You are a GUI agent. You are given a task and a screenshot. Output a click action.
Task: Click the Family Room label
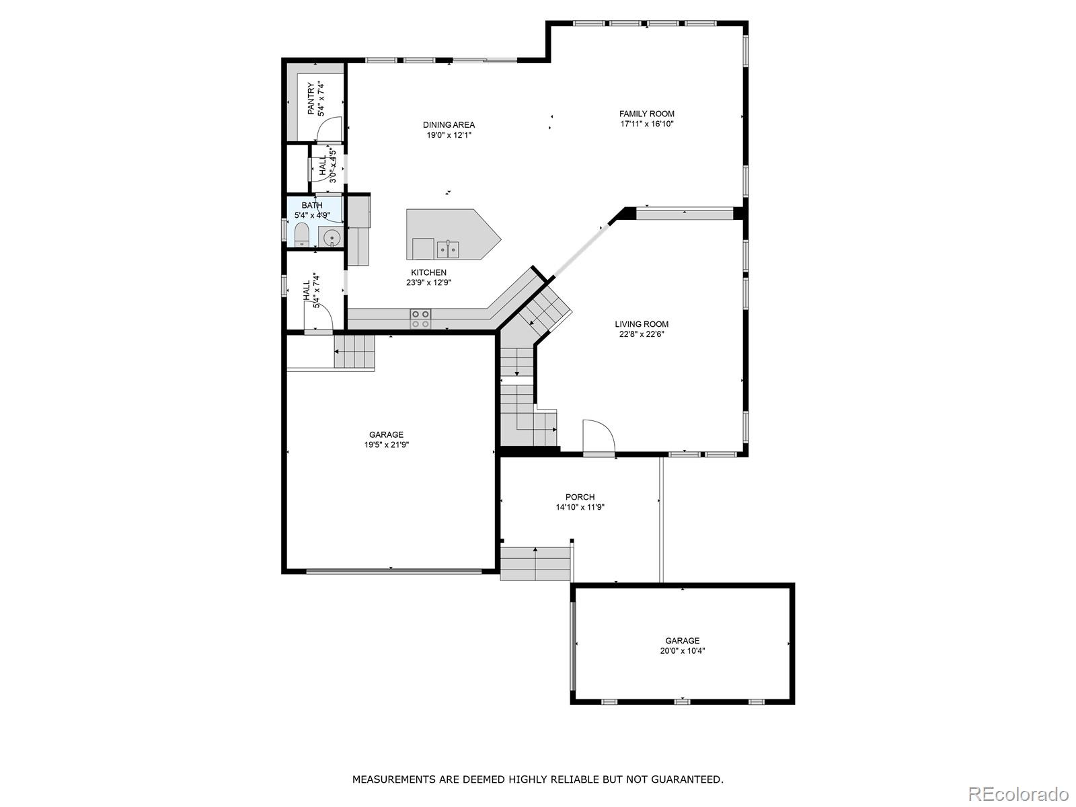point(646,114)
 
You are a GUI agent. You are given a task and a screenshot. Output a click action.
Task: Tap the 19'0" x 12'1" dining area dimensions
point(449,135)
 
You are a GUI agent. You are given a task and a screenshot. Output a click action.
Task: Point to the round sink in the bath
point(332,237)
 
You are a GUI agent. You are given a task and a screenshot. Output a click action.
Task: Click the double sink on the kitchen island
point(448,250)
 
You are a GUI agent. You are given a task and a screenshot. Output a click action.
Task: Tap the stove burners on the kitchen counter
point(421,319)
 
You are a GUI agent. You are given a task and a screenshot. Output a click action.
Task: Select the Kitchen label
point(428,272)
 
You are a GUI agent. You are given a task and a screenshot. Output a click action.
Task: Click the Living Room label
point(642,324)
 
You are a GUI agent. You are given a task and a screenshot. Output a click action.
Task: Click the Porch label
point(580,497)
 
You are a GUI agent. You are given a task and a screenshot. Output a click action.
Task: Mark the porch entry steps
point(535,564)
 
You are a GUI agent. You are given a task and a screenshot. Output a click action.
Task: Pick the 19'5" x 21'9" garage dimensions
point(387,445)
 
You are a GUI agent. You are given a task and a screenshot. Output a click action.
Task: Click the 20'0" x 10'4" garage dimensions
point(683,651)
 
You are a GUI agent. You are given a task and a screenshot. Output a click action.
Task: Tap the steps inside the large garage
point(354,352)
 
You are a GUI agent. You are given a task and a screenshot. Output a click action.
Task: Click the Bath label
point(311,205)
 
